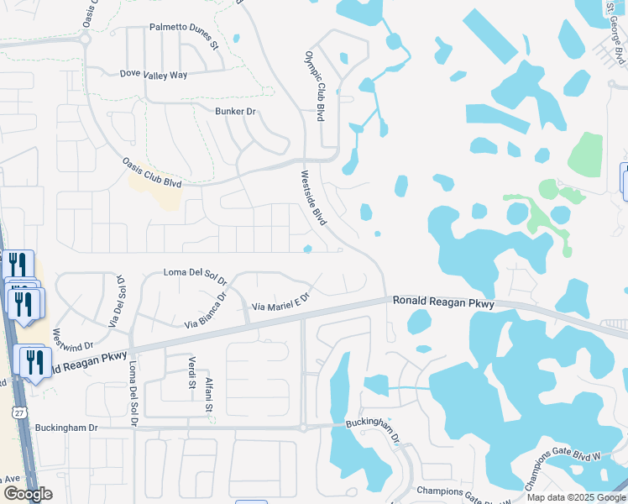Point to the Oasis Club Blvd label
(x=152, y=172)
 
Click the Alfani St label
(x=211, y=396)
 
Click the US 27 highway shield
(x=19, y=412)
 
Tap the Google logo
(x=28, y=494)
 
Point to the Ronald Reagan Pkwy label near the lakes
(x=442, y=303)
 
